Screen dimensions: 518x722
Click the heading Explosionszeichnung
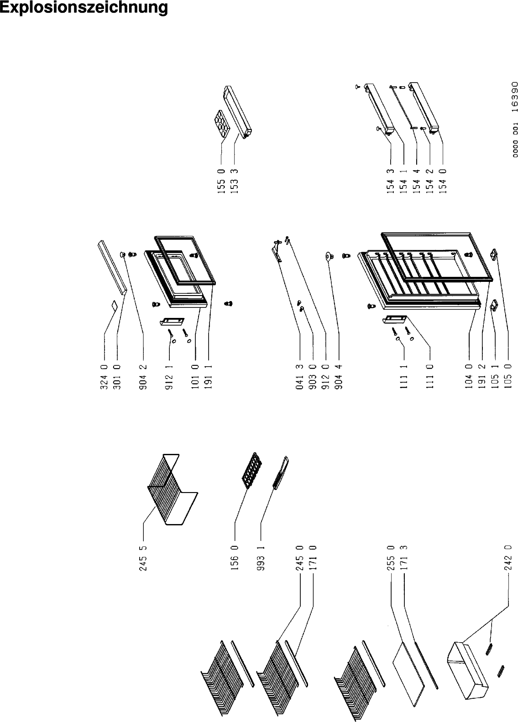pyautogui.click(x=84, y=8)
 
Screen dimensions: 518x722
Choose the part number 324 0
pyautogui.click(x=104, y=377)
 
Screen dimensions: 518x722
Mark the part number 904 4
pyautogui.click(x=338, y=377)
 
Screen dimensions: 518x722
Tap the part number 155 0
pyautogui.click(x=221, y=182)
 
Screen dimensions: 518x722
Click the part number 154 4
pyautogui.click(x=416, y=182)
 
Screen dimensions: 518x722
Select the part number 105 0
pyautogui.click(x=508, y=377)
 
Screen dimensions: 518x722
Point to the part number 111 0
pyautogui.click(x=429, y=377)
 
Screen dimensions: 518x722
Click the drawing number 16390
pyautogui.click(x=515, y=97)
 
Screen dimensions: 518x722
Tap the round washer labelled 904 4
pyautogui.click(x=330, y=257)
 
